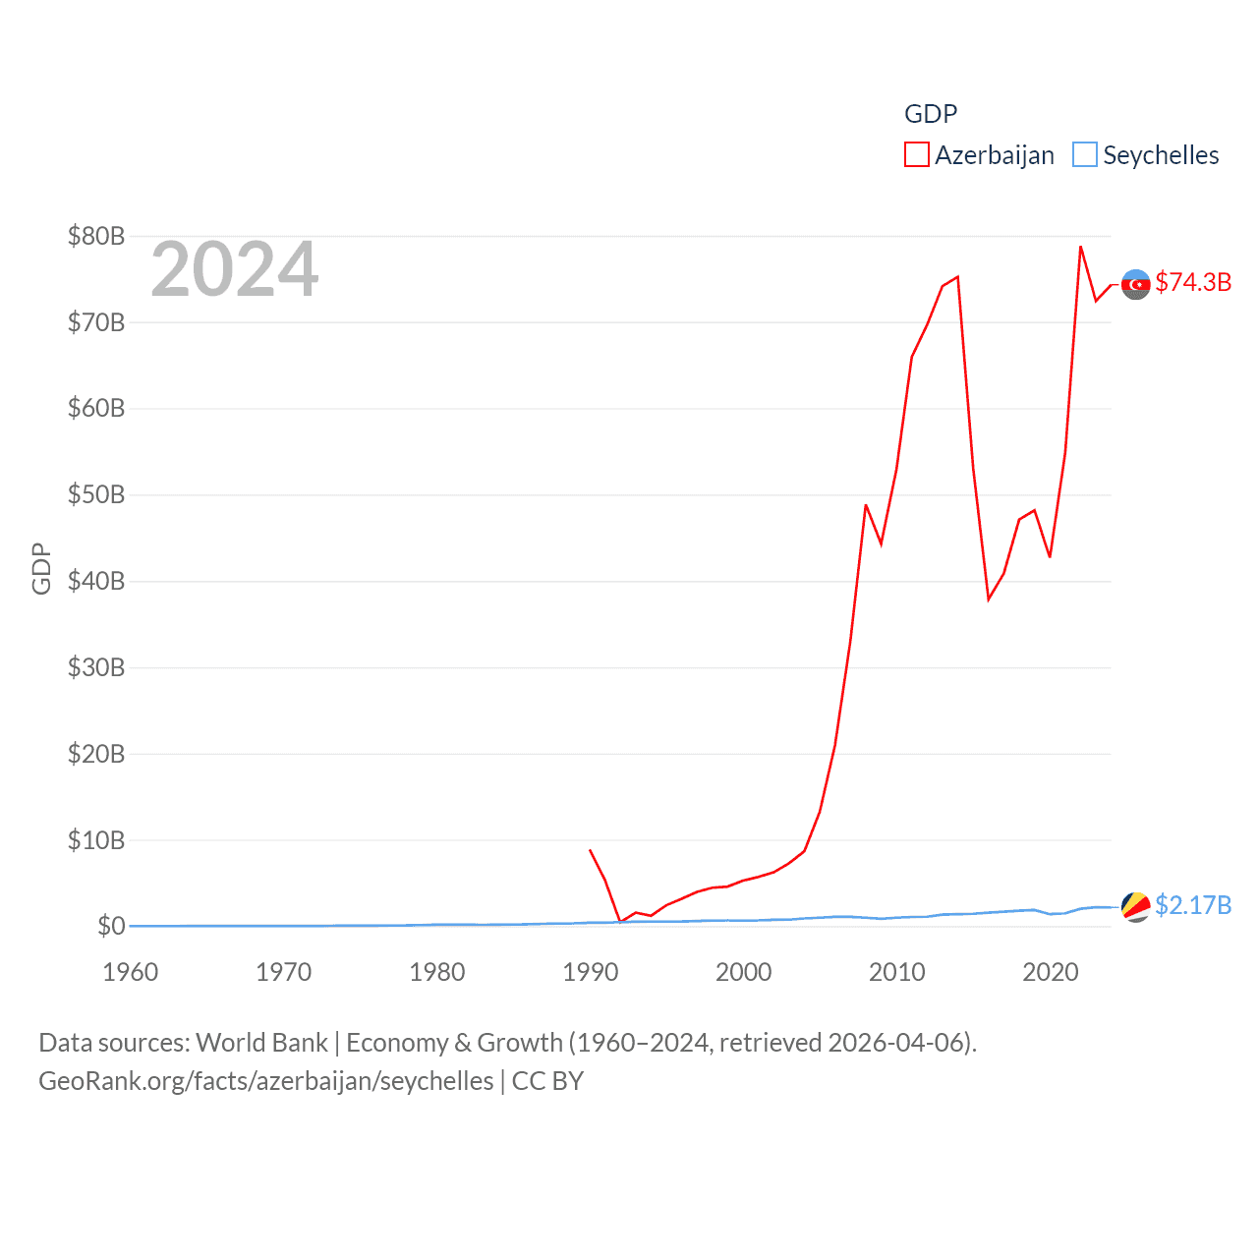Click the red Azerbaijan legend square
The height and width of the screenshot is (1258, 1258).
coord(916,155)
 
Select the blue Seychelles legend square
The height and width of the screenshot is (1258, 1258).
coord(1084,155)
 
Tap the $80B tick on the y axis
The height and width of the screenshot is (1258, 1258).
coord(96,236)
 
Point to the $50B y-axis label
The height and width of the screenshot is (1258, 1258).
coord(96,494)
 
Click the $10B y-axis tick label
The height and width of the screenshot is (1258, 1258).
coord(96,840)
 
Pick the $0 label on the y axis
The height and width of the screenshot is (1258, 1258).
coord(111,926)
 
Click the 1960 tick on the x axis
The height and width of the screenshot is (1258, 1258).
coord(131,972)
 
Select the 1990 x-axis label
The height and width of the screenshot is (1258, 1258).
coord(591,972)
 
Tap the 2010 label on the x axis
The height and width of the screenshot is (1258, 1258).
coord(897,972)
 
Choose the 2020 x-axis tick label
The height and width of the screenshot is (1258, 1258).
coord(1051,972)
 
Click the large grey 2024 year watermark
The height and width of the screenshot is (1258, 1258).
coord(234,269)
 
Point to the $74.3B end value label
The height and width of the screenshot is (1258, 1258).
coord(1193,282)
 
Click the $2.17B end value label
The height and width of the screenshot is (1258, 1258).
coord(1193,905)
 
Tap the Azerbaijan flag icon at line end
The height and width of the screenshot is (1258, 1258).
coord(1136,284)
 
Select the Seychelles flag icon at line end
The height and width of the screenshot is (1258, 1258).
coord(1136,907)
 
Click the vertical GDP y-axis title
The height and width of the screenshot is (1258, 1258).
coord(41,568)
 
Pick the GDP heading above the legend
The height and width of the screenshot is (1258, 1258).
coord(931,114)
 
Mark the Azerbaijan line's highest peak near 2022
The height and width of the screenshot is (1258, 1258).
coord(1080,247)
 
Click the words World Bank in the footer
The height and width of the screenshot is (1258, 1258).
coord(262,1043)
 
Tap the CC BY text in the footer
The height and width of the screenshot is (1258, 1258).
coord(547,1081)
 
